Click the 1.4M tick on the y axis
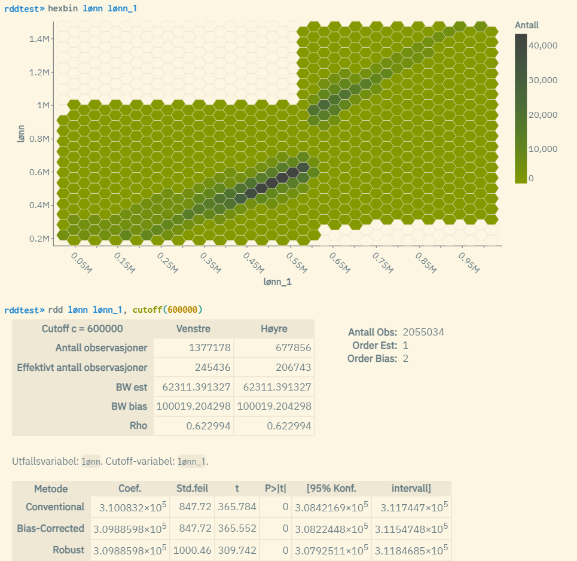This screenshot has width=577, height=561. pos(41,39)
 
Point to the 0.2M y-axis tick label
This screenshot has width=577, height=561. pos(41,239)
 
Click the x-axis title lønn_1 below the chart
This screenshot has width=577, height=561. pos(277,281)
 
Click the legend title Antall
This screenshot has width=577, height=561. pos(527,25)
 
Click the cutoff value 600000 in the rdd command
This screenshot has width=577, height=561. pos(184,309)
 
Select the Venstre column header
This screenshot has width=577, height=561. pos(193,329)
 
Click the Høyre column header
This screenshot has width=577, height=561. pos(274,329)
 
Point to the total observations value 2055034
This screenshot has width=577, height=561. pos(423,332)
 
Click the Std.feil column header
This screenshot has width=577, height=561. pos(192,489)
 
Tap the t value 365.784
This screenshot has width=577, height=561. pos(237,507)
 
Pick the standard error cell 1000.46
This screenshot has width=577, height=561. pos(192,550)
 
